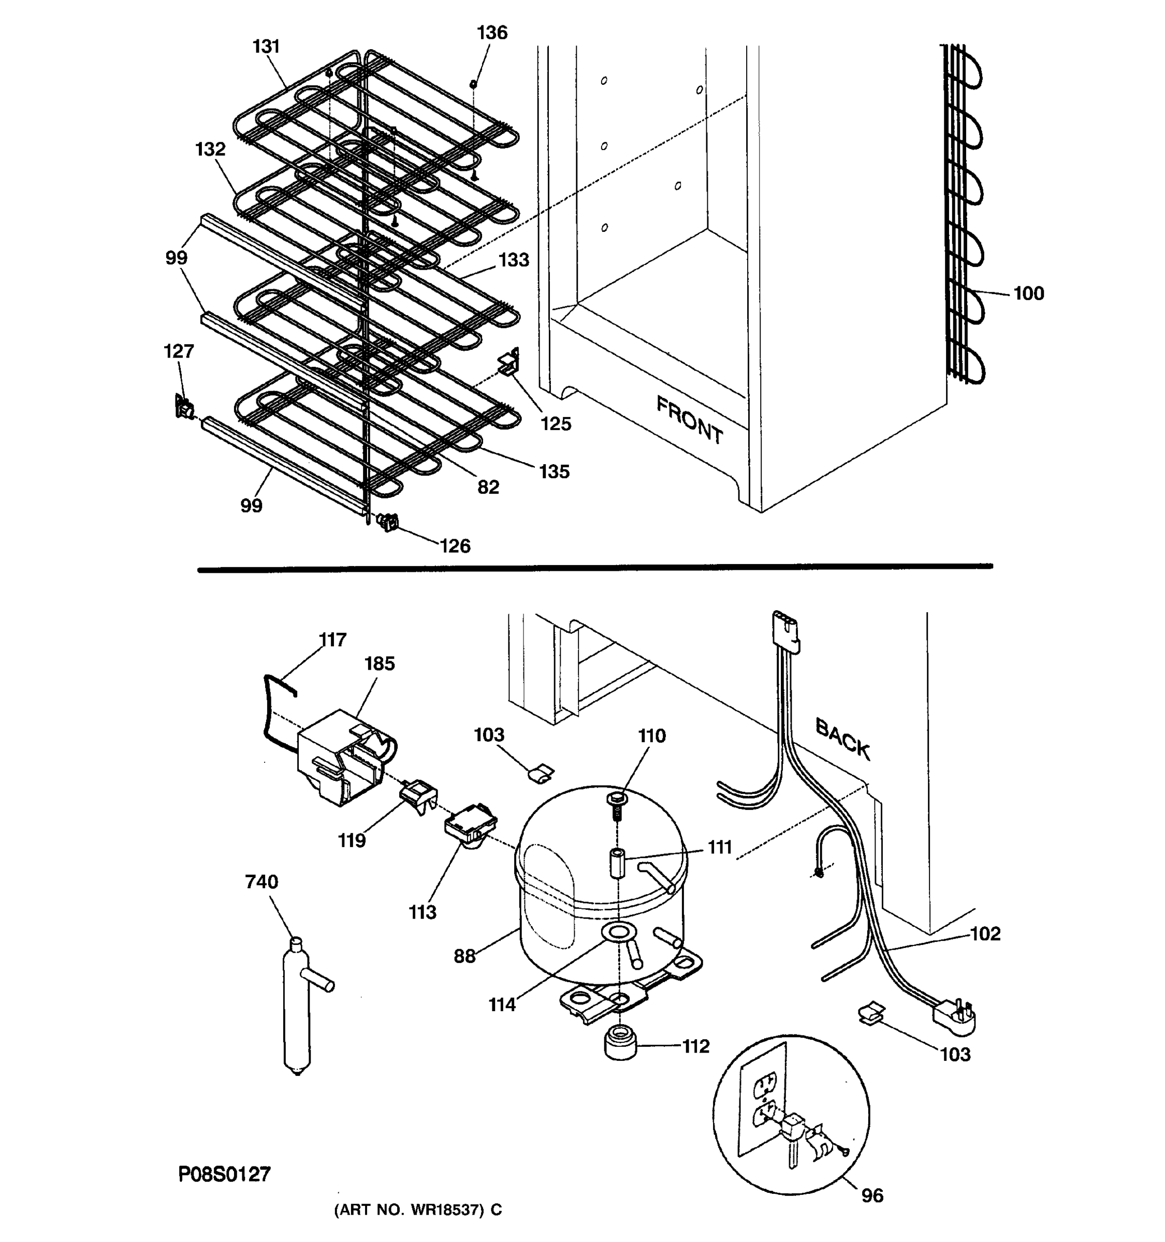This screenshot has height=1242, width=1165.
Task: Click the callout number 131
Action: tap(266, 47)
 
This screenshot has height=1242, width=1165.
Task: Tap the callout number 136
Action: tap(492, 33)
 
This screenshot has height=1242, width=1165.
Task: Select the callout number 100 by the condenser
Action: tap(1028, 293)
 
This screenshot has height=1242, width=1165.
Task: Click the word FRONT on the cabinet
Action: tap(689, 420)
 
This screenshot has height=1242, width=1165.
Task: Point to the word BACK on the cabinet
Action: tap(842, 738)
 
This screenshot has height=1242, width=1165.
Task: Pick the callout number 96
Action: tap(872, 1195)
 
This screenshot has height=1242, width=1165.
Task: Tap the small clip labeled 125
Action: tap(509, 363)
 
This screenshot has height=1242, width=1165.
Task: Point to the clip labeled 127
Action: tap(183, 407)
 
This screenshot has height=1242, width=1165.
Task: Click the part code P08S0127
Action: tap(224, 1174)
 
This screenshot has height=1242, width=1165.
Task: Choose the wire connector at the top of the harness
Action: tap(785, 631)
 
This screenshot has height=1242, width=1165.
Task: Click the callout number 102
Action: tap(984, 934)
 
